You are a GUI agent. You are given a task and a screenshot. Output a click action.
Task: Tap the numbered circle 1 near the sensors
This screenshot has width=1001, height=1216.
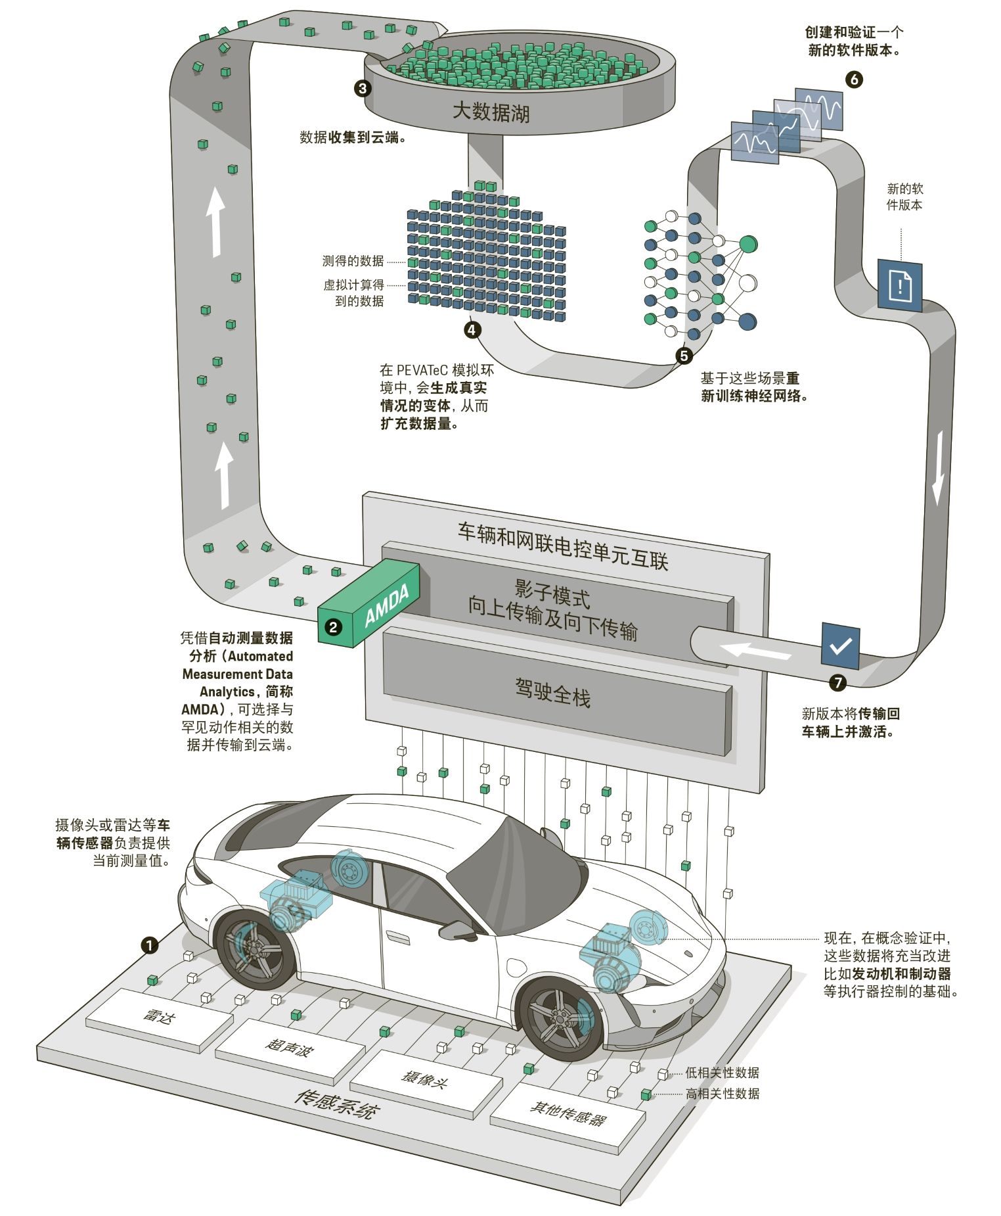150,945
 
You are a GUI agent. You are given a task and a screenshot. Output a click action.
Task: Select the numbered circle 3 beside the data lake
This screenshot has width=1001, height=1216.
363,89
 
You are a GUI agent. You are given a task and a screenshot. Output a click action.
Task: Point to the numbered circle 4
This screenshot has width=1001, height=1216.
472,329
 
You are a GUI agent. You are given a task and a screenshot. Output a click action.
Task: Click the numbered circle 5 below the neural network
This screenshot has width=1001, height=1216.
684,356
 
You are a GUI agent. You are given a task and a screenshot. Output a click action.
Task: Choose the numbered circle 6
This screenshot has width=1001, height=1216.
854,80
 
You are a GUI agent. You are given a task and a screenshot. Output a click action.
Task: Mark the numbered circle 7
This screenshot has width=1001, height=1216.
837,683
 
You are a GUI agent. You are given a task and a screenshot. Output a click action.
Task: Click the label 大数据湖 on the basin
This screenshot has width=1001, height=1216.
491,112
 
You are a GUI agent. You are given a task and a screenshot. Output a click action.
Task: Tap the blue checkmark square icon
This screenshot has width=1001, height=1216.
840,645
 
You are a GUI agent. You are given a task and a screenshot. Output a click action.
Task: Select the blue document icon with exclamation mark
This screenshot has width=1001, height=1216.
900,284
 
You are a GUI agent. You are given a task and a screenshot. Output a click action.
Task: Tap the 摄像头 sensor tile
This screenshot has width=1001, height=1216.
426,1079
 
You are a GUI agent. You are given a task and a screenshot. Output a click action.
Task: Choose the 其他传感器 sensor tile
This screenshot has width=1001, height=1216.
567,1114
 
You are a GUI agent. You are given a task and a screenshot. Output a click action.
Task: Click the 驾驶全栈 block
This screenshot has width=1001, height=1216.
555,693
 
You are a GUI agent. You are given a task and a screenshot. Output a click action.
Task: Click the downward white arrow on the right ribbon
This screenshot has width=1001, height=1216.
940,467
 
